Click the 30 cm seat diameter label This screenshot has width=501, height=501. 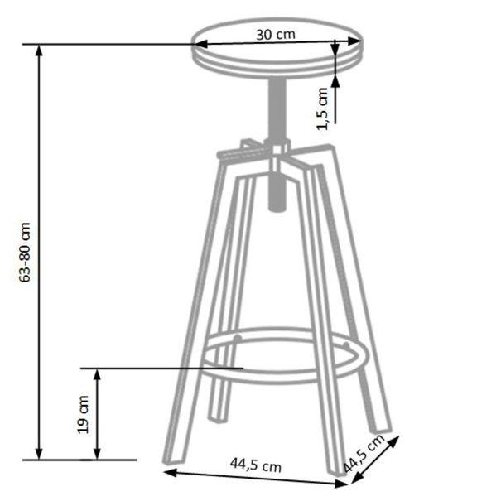point(276,35)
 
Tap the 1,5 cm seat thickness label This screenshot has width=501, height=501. point(323,109)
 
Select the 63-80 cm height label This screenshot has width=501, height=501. point(25,253)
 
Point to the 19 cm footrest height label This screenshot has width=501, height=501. point(83,414)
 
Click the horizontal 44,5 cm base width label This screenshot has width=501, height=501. point(256,465)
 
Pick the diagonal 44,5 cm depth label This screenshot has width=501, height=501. point(364,454)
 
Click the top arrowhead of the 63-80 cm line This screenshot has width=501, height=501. point(39,51)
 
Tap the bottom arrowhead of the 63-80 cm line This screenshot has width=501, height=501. point(39,454)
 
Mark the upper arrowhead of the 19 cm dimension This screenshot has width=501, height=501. point(98,374)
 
